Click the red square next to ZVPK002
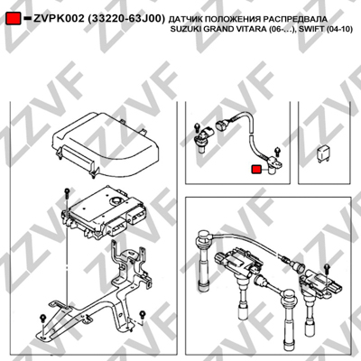(x=14, y=19)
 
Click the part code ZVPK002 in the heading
(x=59, y=19)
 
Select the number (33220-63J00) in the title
(x=126, y=19)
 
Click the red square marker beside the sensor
(x=256, y=170)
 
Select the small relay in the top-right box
(x=323, y=153)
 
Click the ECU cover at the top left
(x=106, y=145)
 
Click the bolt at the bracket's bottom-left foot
(x=43, y=319)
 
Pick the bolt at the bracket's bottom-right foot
(x=142, y=315)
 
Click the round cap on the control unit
(x=116, y=199)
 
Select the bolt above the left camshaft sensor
(x=197, y=126)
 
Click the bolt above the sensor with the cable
(x=278, y=152)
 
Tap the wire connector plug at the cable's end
(x=222, y=125)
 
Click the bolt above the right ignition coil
(x=328, y=268)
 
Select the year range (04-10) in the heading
(x=337, y=29)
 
